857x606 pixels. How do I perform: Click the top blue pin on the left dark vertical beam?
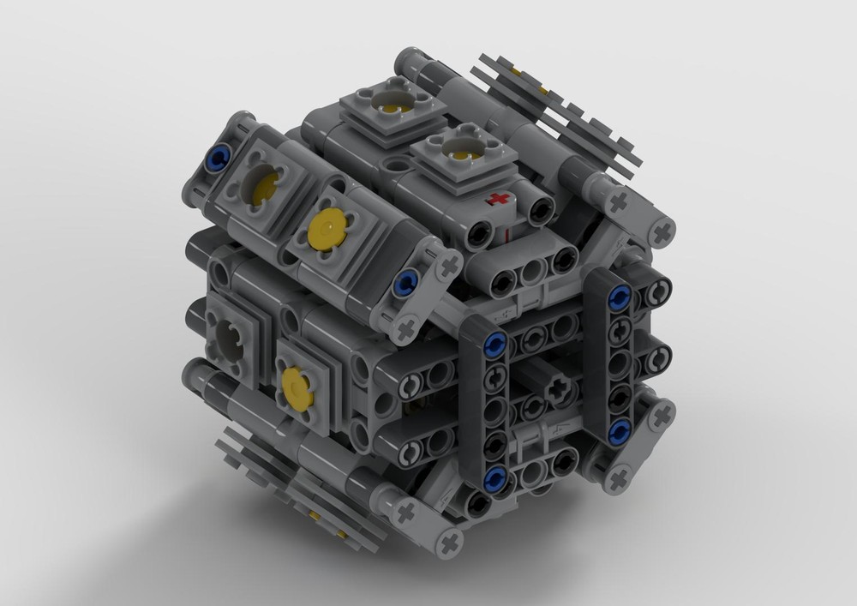coord(493,345)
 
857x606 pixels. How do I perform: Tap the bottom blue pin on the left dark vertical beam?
coord(493,477)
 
